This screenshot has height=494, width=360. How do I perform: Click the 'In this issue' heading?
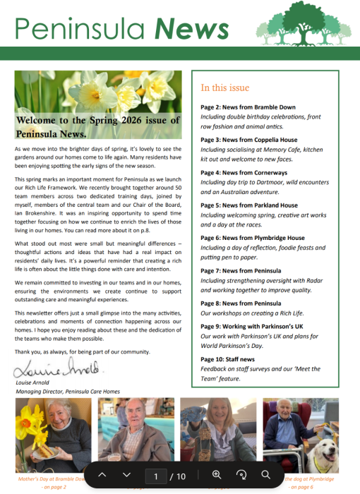point(224,88)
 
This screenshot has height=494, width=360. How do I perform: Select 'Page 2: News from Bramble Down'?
point(248,107)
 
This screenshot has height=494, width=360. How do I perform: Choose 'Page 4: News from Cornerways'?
point(244,173)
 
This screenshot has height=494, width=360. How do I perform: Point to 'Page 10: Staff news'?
point(227,359)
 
